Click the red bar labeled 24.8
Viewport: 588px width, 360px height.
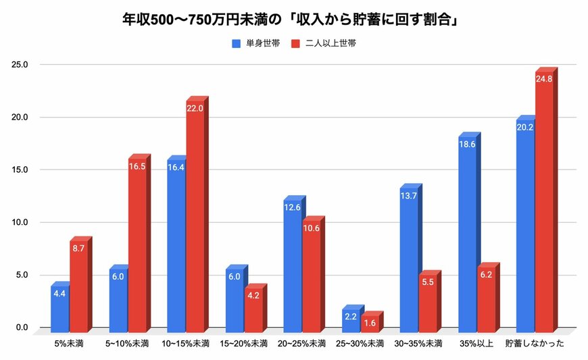(x=544, y=203)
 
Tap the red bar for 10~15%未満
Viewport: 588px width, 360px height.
(x=195, y=216)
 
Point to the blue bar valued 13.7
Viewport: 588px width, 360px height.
(x=409, y=260)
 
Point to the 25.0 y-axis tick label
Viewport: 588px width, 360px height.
(x=19, y=65)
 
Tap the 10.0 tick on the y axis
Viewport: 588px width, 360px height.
(x=19, y=222)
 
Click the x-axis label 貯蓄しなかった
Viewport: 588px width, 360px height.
(x=535, y=343)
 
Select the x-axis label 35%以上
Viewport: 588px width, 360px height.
(x=476, y=343)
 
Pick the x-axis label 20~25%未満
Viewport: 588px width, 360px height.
(x=301, y=343)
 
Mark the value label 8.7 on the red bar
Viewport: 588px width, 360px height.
(x=78, y=248)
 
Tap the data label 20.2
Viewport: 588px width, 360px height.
(x=525, y=127)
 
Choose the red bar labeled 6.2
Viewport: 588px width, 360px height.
(x=486, y=297)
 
